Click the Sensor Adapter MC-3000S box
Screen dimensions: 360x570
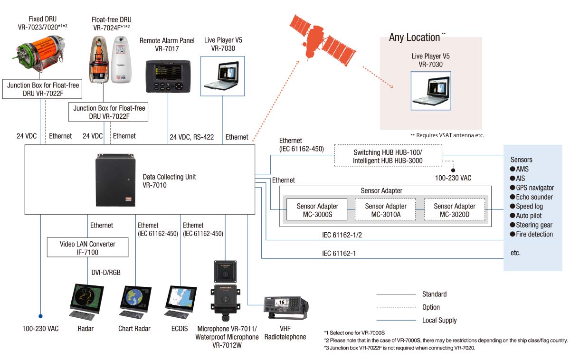coord(318,209)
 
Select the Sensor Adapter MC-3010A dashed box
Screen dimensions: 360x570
coord(386,209)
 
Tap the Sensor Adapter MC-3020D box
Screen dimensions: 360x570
coord(455,209)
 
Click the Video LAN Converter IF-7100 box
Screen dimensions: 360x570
coord(87,248)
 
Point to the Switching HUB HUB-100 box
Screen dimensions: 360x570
coord(388,156)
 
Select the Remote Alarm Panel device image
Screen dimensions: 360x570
coord(167,77)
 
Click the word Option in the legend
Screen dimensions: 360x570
coord(431,307)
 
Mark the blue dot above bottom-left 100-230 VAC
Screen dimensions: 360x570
coord(40,315)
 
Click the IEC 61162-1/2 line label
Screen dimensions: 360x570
coord(339,235)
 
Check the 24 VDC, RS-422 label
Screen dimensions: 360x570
coord(192,137)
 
